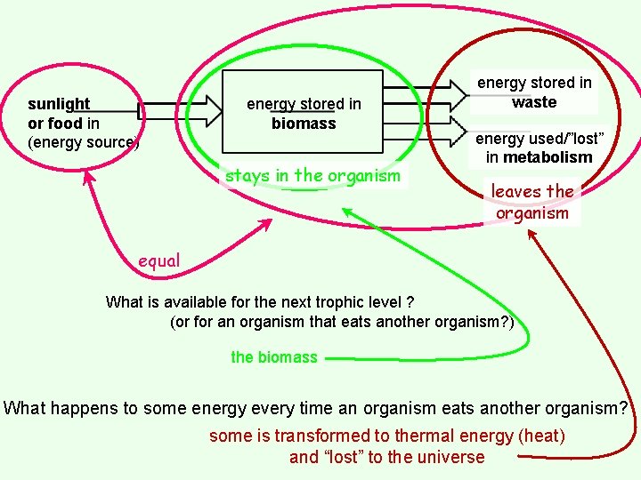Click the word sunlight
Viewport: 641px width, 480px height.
[x=59, y=104]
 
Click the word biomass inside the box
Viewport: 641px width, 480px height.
[x=304, y=124]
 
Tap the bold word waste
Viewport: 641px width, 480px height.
[x=534, y=102]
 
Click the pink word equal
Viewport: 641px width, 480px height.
[x=159, y=260]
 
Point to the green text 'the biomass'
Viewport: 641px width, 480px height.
[x=273, y=357]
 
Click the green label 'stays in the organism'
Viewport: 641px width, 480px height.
[x=312, y=175]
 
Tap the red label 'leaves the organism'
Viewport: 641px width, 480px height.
[x=532, y=202]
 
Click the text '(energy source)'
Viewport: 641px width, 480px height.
[x=83, y=142]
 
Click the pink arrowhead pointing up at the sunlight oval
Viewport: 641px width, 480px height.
[x=87, y=177]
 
